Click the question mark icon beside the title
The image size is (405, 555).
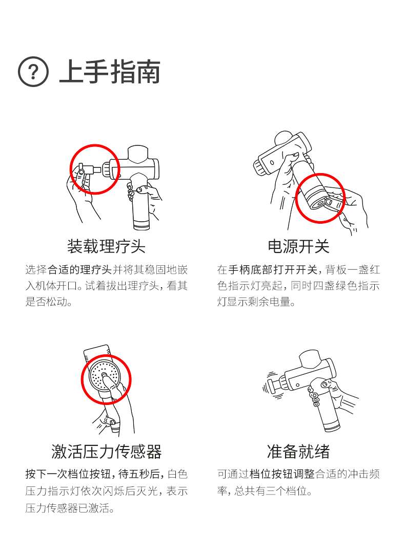point(33,72)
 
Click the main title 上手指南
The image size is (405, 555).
point(110,72)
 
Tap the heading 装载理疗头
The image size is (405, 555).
point(106,246)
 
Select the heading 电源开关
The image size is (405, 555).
point(298,246)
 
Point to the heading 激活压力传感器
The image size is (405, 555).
point(106,452)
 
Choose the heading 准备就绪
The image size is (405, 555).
point(298,452)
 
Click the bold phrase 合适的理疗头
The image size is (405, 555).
point(80,270)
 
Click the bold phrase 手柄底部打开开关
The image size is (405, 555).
point(273,270)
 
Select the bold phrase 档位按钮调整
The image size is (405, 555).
point(282,474)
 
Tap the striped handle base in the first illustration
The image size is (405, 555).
point(141,225)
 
